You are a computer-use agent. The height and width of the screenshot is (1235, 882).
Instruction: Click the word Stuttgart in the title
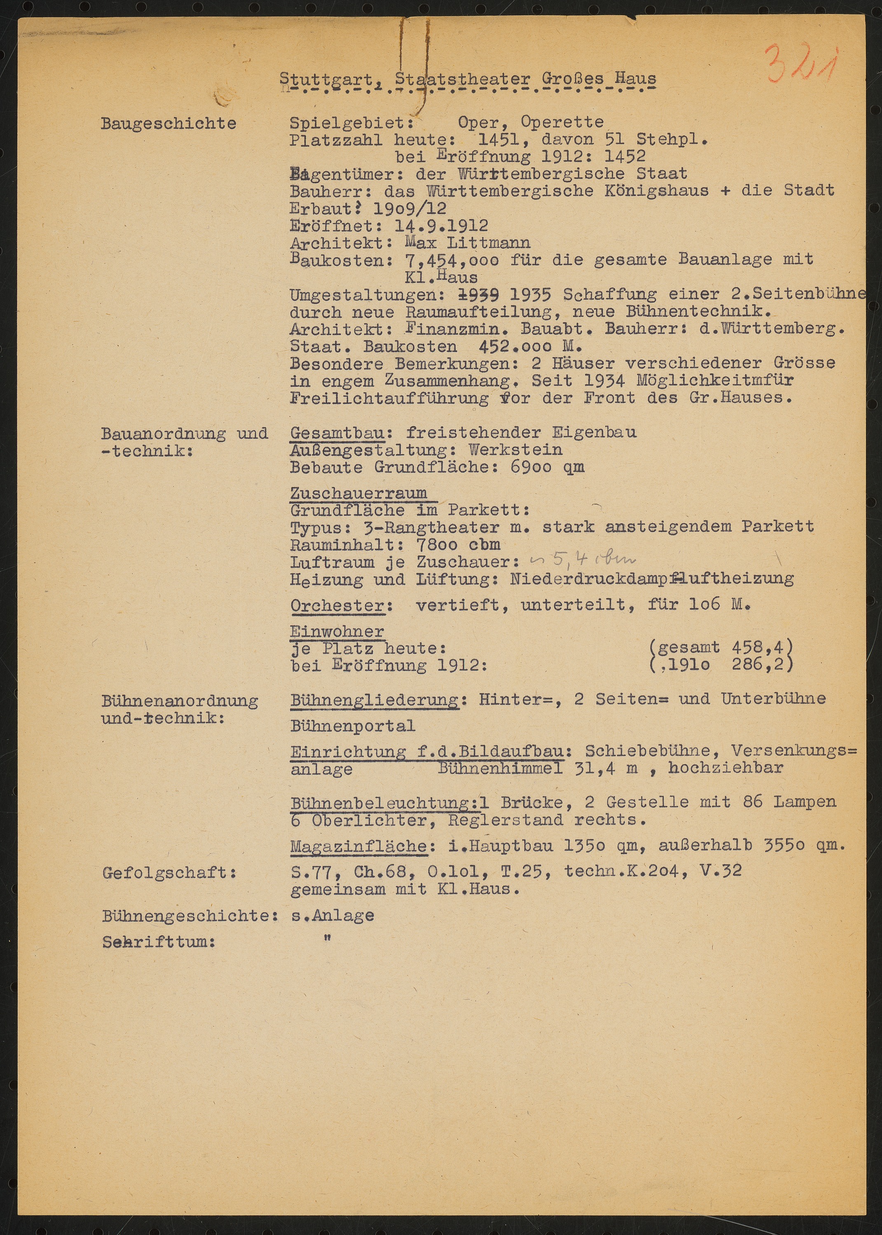point(326,79)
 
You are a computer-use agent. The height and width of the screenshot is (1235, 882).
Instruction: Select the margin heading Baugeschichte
point(168,124)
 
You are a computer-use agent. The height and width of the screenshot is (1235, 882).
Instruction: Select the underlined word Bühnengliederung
point(375,699)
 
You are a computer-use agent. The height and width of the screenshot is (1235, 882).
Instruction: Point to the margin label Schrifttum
point(159,943)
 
